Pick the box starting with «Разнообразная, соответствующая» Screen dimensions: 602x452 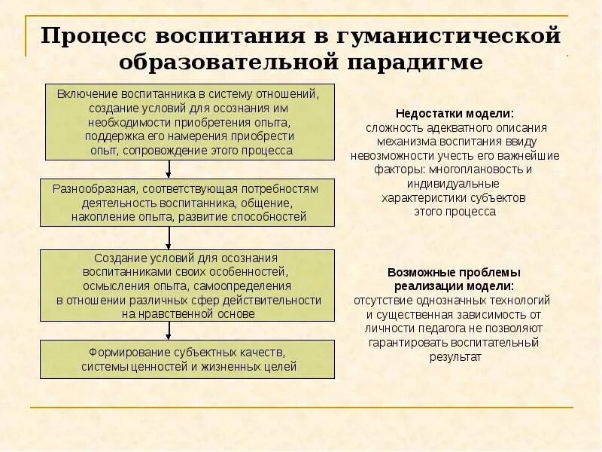point(188,203)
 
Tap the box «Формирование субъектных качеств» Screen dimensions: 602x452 point(188,359)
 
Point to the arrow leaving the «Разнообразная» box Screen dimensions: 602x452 point(169,238)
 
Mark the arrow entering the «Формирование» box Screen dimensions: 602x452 point(169,331)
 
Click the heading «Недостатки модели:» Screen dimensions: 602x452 point(455,114)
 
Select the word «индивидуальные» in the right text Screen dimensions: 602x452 point(454,183)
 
